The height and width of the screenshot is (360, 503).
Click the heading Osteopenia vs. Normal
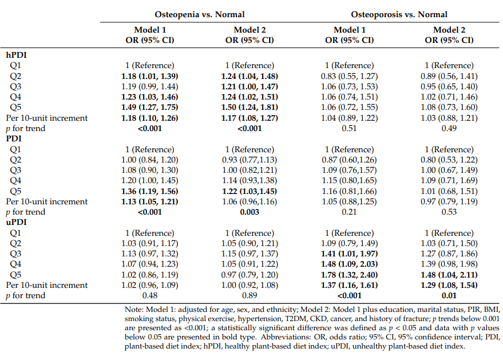(x=200, y=14)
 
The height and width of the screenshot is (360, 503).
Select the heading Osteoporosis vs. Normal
(x=399, y=14)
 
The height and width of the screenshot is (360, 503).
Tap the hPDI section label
(x=17, y=55)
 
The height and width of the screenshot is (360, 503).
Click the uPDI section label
(x=17, y=222)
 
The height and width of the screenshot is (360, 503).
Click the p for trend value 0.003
(x=249, y=212)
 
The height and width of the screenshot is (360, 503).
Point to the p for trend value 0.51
(x=349, y=128)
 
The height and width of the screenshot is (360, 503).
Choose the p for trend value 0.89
(x=249, y=295)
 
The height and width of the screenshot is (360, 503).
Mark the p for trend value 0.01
(x=449, y=295)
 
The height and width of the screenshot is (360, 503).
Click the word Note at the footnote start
(x=133, y=310)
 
